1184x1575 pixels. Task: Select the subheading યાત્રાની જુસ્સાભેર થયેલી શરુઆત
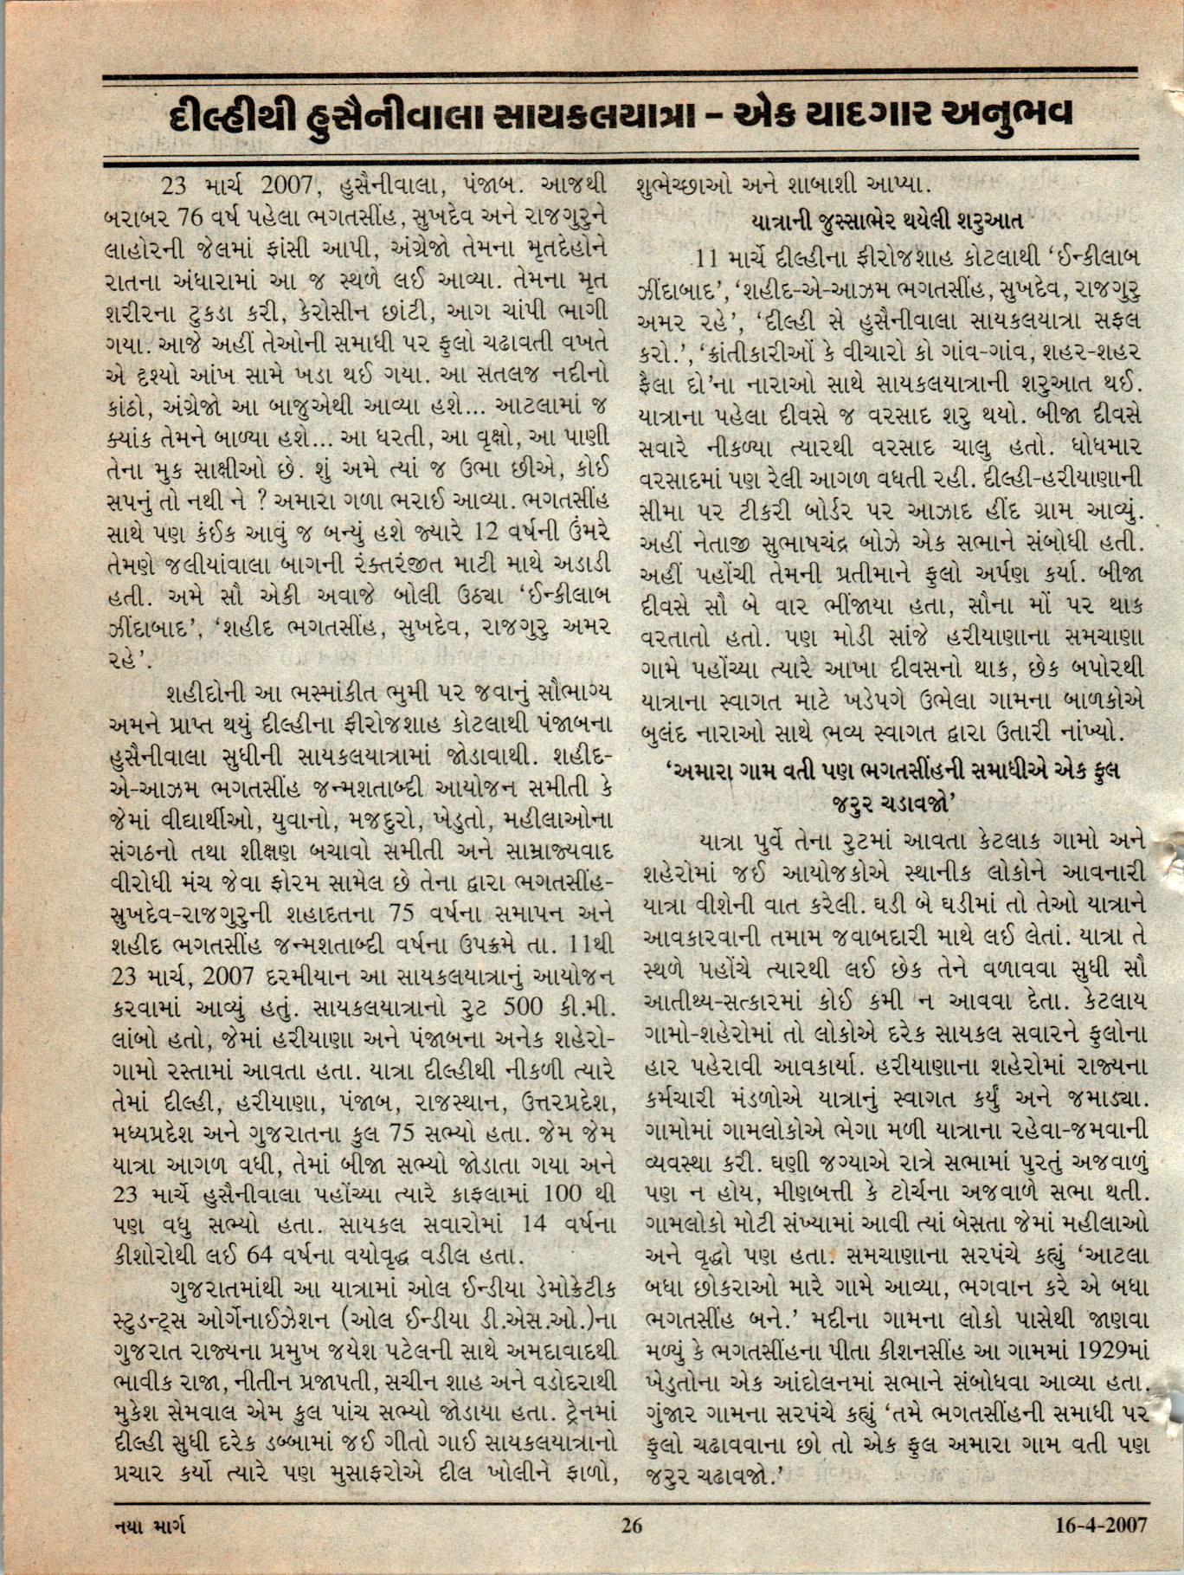(891, 220)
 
